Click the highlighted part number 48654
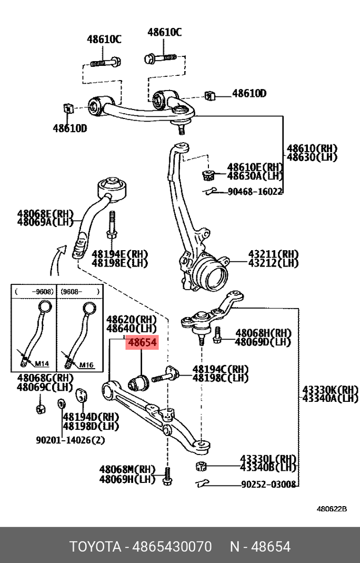coord(142,343)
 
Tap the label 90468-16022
coord(255,192)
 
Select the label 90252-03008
coord(268,484)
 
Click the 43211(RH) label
coord(273,253)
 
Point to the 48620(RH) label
coord(132,319)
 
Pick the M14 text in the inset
coord(41,364)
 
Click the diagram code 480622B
coord(332,509)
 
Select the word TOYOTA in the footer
coord(95,546)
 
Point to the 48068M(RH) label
coord(127,469)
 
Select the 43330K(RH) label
coord(330,390)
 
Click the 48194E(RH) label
coord(119,253)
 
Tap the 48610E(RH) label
coord(255,167)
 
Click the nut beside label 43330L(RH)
coord(200,466)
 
